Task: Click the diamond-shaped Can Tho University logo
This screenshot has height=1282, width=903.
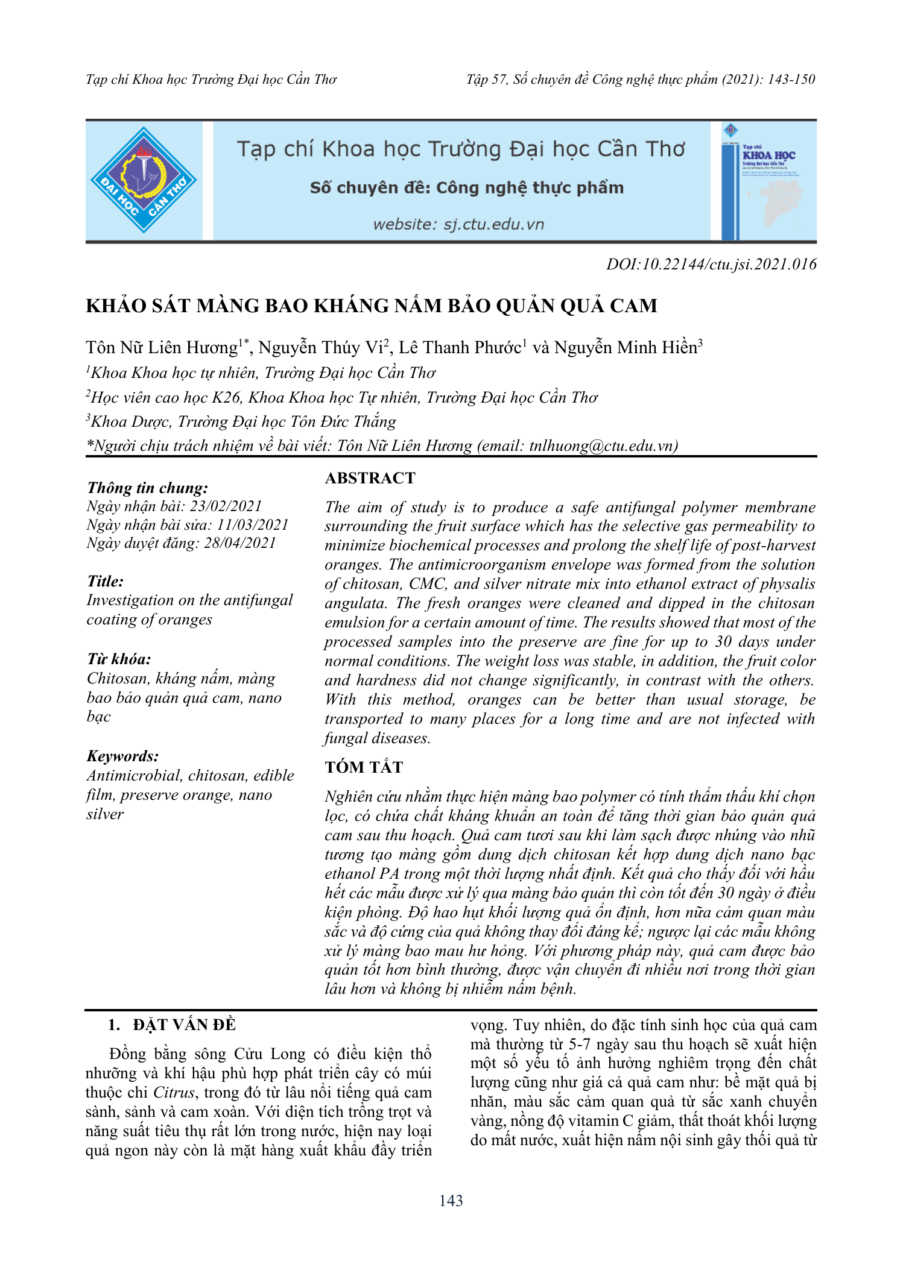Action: click(x=144, y=180)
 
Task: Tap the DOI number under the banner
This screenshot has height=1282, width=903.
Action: click(x=711, y=264)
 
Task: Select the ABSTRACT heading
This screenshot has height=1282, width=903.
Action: click(x=370, y=478)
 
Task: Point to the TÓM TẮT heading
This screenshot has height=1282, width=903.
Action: click(x=364, y=767)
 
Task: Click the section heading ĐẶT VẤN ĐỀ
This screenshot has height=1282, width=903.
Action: click(x=184, y=1025)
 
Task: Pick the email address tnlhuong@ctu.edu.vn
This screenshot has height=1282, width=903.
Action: click(x=601, y=445)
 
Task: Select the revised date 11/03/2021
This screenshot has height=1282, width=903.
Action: click(x=253, y=525)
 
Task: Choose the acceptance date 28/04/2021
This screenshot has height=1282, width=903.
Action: click(x=239, y=543)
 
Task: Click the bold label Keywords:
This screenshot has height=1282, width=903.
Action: click(x=123, y=756)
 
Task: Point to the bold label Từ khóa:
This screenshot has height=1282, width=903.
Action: click(x=119, y=659)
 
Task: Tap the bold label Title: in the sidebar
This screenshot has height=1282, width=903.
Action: click(x=106, y=581)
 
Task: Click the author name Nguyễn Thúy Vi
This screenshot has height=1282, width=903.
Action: click(x=321, y=348)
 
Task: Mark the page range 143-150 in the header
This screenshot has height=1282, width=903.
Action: click(x=791, y=80)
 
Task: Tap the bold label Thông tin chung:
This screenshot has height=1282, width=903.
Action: click(x=148, y=488)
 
